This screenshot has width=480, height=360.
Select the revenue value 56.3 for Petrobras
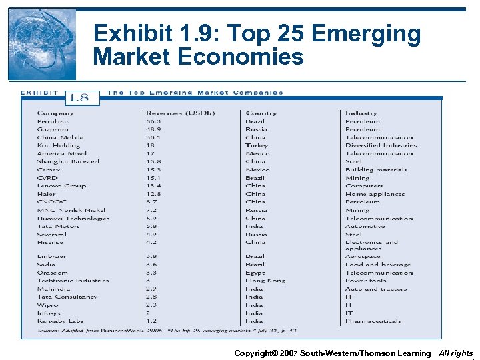click(153, 121)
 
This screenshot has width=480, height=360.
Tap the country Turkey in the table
click(257, 145)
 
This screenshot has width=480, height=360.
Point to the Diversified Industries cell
click(381, 145)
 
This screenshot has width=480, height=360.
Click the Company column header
click(55, 113)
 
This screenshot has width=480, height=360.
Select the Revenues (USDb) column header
click(177, 113)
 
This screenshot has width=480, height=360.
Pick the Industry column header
click(361, 113)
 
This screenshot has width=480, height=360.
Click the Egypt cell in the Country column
click(255, 273)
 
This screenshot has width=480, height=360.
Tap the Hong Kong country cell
click(265, 281)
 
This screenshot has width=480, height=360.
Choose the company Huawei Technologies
click(73, 218)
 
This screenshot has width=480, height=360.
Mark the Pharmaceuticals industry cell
click(373, 321)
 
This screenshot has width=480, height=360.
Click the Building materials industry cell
click(376, 170)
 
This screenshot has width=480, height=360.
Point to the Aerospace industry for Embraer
click(363, 257)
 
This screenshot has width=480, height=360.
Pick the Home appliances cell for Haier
click(375, 194)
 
